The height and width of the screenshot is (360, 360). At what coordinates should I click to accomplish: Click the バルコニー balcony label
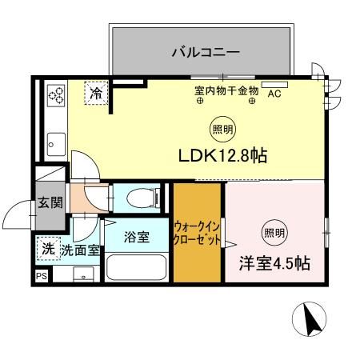click(x=206, y=54)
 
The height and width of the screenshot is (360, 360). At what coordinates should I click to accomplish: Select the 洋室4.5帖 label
click(x=274, y=262)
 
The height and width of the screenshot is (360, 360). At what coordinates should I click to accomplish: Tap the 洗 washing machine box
click(x=48, y=249)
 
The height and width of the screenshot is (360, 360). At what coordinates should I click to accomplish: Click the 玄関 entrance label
click(x=50, y=202)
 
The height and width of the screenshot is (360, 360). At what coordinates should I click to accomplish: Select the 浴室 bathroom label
click(x=136, y=237)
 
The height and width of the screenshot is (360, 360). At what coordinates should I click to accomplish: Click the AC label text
click(x=274, y=94)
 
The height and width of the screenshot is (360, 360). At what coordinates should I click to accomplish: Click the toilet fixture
click(x=137, y=197)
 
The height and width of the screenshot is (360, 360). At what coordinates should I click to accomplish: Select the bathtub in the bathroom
click(x=137, y=267)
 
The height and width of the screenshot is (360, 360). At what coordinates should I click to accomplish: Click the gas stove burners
click(x=55, y=96)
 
